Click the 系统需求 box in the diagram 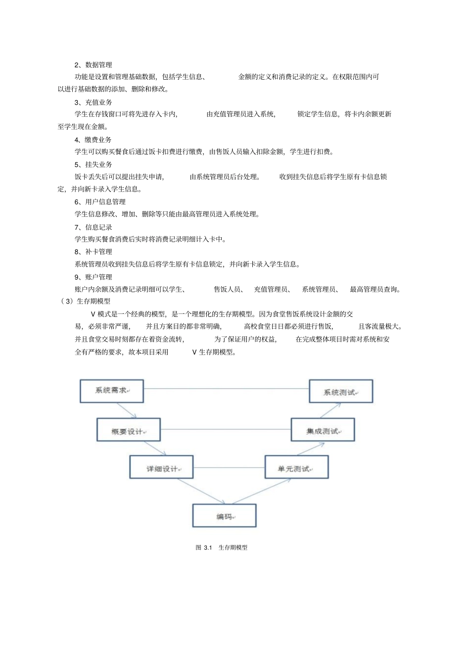pos(112,391)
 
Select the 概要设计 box pos(129,430)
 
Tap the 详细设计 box pos(161,467)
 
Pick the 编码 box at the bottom pos(224,515)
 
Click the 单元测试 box pos(296,467)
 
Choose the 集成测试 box pos(323,430)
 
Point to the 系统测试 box pos(341,391)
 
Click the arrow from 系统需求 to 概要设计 pos(127,410)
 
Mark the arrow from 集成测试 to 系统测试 pos(330,410)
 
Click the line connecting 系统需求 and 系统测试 pos(226,389)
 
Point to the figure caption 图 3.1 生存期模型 pos(221,547)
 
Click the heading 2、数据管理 pos(93,65)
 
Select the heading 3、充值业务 pos(93,102)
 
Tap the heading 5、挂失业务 pos(93,164)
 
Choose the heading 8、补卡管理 pos(93,252)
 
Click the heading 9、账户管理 pos(93,277)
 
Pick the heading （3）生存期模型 pos(85,301)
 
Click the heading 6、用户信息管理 pos(100,202)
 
